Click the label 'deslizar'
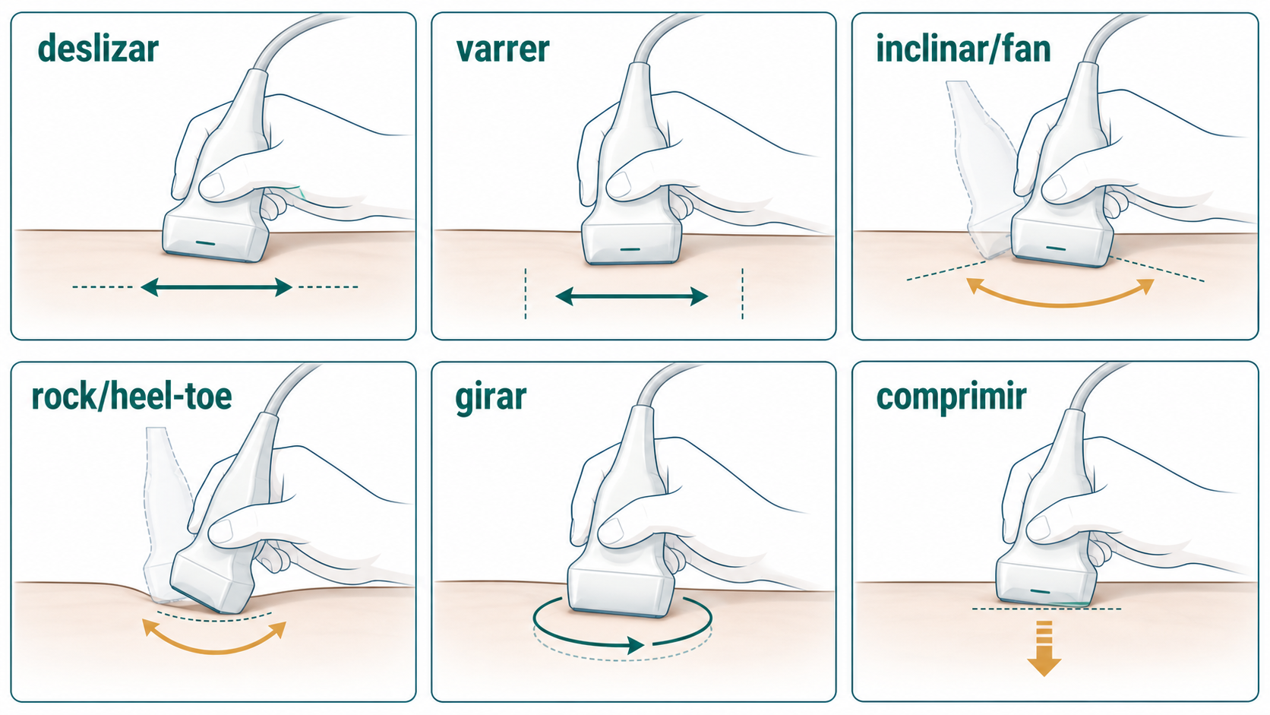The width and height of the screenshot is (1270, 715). (x=98, y=49)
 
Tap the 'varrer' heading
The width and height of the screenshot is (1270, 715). (x=503, y=49)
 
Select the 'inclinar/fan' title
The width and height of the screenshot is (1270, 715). (x=963, y=49)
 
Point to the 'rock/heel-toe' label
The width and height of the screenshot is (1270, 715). (x=131, y=396)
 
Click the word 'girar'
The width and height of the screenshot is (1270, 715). (x=491, y=399)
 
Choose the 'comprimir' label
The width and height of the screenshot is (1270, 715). (x=952, y=399)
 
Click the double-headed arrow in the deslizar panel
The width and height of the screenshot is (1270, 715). (x=216, y=287)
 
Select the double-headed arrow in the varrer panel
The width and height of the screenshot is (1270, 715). (x=632, y=296)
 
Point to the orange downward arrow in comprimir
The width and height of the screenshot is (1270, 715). (x=1044, y=649)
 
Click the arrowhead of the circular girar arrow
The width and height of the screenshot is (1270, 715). (x=636, y=645)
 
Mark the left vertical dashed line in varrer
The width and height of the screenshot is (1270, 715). (x=526, y=293)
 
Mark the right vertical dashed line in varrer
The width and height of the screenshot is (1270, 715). (x=743, y=293)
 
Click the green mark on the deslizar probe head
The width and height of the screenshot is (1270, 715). (x=205, y=243)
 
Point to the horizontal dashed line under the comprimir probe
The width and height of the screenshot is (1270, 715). (x=1047, y=609)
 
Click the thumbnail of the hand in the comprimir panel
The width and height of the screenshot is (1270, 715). (x=1038, y=528)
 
